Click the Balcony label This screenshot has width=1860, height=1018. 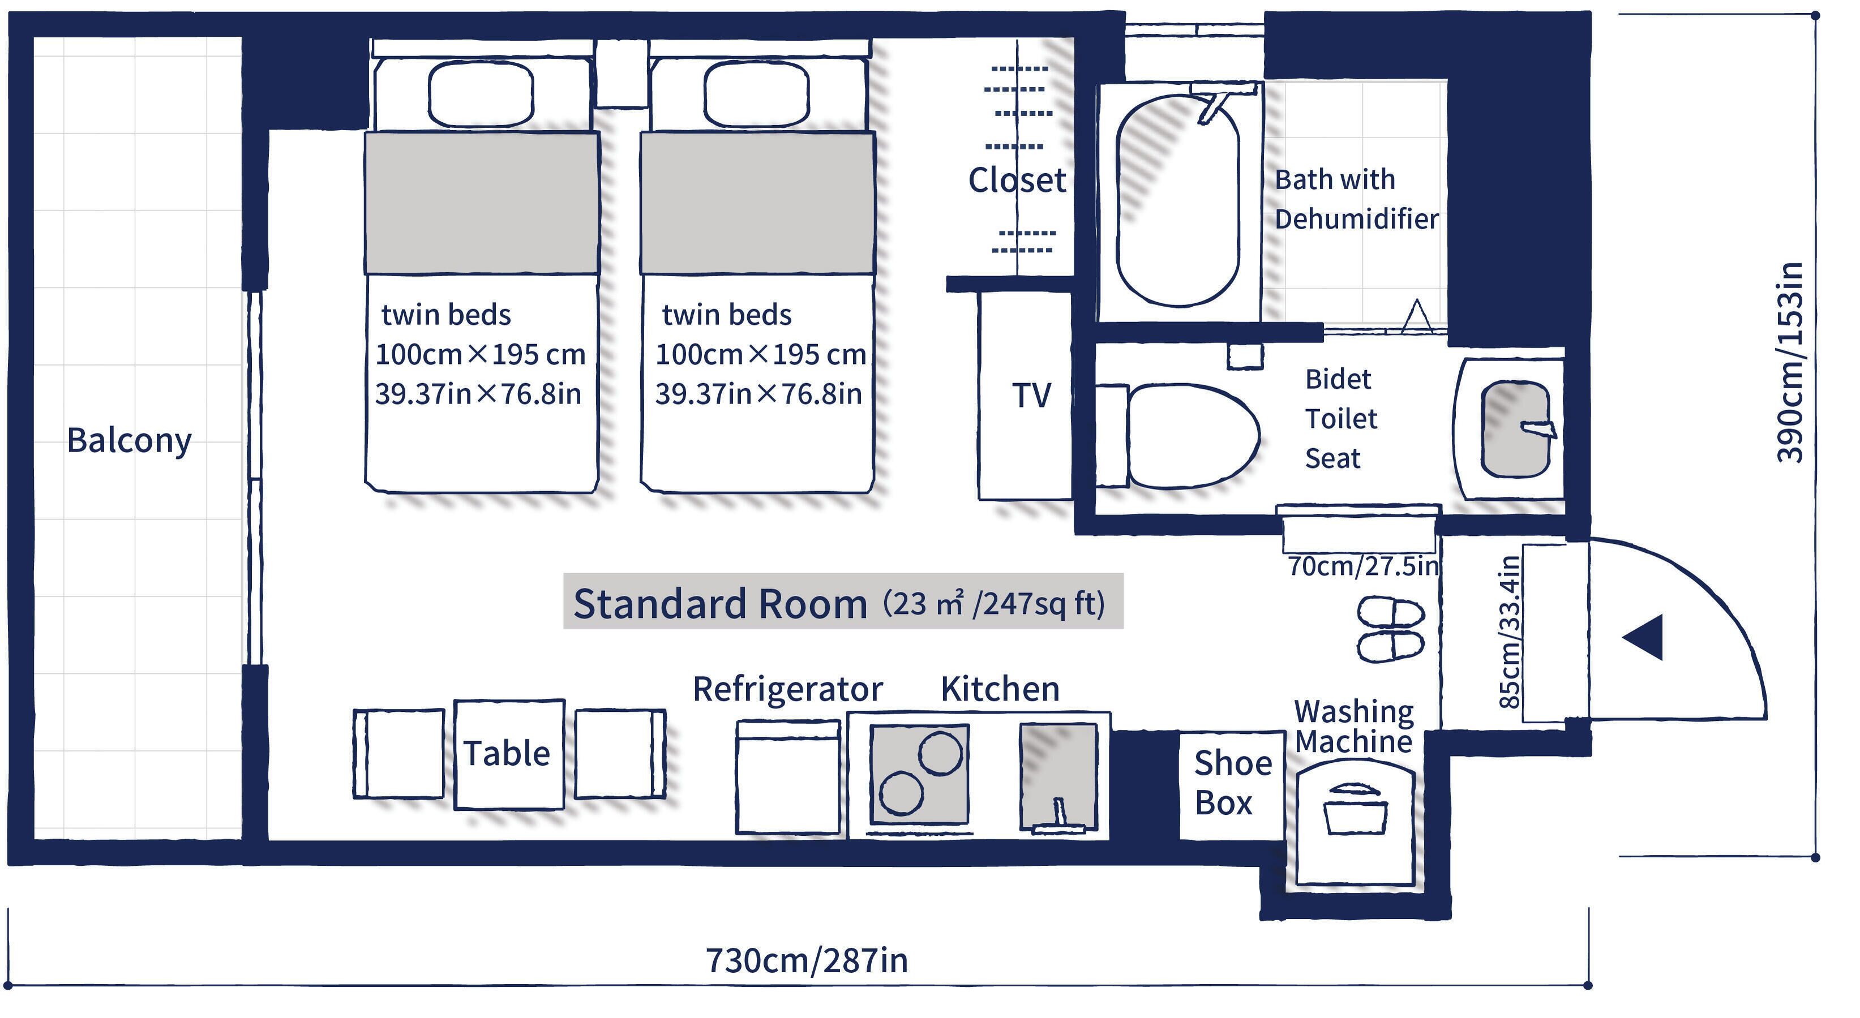129,440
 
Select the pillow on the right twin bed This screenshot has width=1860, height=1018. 756,94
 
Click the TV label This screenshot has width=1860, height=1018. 1031,396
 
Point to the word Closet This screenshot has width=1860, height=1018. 1017,180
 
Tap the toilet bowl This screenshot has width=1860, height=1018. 1192,435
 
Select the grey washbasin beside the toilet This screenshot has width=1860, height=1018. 1514,429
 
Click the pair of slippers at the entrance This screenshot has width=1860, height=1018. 1391,629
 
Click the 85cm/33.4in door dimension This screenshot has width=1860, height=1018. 1509,632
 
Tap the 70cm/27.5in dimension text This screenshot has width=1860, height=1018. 1363,566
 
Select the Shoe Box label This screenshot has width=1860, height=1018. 1232,783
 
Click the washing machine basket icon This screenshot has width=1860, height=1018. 1355,809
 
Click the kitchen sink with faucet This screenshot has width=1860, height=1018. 1058,778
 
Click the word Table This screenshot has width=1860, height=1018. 507,753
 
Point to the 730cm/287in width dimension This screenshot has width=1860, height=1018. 807,961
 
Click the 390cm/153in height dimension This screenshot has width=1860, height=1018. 1789,362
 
